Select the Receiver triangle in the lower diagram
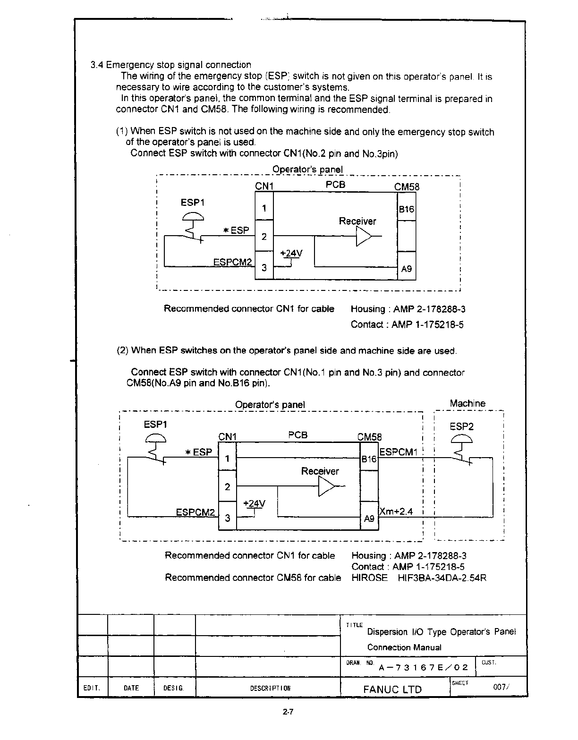pos(326,486)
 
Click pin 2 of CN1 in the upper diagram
pos(264,237)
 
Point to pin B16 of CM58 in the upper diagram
pos(406,209)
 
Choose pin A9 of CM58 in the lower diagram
pos(369,519)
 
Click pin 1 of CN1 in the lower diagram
pos(227,459)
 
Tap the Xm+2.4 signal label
pos(396,511)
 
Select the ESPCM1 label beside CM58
pos(399,452)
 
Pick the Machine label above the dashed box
pos(467,403)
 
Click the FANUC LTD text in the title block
pos(392,689)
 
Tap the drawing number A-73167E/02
pos(423,667)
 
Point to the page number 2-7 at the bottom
pos(289,713)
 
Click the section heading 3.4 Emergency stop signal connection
pos(171,65)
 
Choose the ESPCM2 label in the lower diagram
pos(195,512)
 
